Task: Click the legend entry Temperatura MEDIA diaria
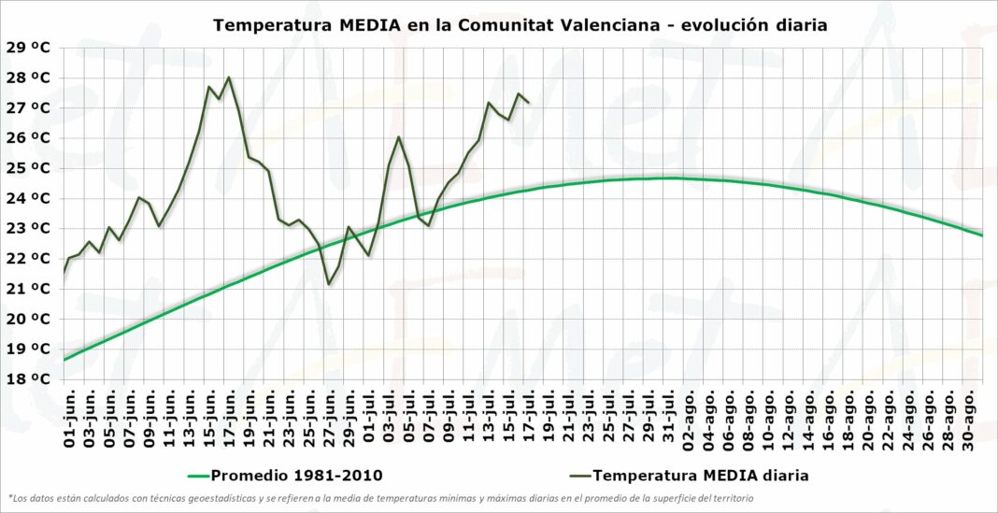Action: [700, 475]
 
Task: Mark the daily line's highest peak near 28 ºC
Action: [229, 77]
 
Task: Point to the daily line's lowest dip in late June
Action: [329, 284]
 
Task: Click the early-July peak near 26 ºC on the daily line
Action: [399, 137]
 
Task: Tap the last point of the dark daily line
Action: [529, 103]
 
